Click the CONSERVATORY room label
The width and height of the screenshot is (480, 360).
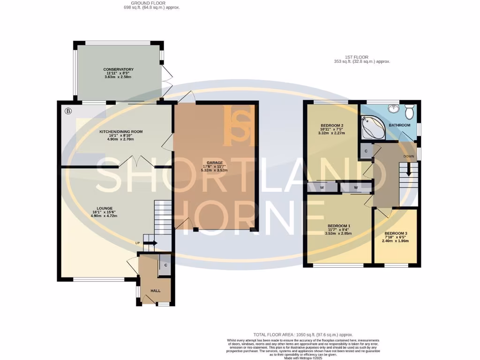[119, 70]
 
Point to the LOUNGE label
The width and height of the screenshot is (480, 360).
[104, 208]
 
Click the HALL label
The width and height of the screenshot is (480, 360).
[155, 291]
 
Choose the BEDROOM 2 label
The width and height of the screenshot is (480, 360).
[332, 126]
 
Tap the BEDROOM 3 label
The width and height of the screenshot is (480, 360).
[396, 233]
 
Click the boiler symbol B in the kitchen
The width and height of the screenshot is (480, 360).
[68, 111]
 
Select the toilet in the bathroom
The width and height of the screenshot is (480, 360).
[409, 112]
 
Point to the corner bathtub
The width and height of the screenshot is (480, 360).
[372, 126]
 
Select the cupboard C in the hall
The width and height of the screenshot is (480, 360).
[165, 265]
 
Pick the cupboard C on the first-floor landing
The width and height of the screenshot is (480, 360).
[366, 151]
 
